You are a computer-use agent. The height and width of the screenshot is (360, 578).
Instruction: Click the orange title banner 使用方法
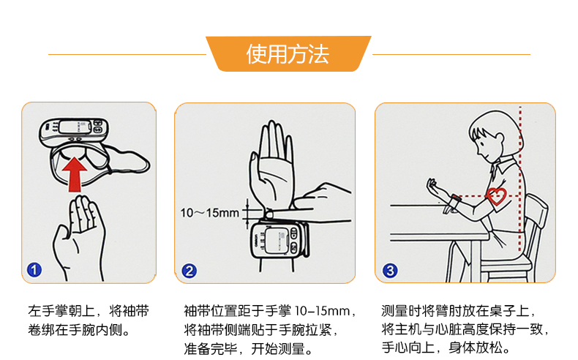288,54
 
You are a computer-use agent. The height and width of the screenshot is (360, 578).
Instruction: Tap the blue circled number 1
34,270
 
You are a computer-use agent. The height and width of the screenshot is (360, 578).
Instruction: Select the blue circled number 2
189,271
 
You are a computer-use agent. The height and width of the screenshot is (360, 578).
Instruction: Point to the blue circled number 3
390,271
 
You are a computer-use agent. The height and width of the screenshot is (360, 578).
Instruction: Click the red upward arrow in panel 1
75,174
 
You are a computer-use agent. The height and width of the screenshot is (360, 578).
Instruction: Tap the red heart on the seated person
497,196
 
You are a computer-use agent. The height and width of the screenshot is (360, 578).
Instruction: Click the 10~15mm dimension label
209,213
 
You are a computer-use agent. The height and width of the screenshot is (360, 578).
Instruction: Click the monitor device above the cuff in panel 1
74,131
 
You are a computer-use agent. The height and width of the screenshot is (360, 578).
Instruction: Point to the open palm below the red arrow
79,236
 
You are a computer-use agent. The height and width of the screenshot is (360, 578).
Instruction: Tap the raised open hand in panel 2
272,166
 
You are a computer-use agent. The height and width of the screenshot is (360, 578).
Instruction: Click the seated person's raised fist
432,185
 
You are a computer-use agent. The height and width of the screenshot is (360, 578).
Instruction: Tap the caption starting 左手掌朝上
89,320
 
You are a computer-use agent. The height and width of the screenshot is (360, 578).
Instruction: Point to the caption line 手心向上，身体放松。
446,348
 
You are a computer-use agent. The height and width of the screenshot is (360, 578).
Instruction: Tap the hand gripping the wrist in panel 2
320,203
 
